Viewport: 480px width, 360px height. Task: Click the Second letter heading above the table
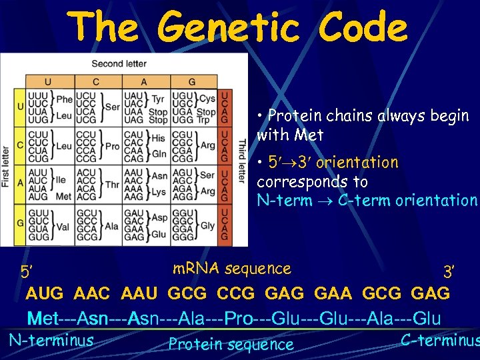coord(118,63)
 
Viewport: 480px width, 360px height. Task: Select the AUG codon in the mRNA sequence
coord(45,293)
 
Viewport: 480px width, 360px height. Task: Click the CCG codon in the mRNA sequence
coord(236,293)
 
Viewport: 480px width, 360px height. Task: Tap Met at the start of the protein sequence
coord(43,319)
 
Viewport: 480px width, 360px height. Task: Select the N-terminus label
coord(51,340)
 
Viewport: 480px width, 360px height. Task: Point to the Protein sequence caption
coord(231,345)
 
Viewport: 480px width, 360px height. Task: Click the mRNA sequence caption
coord(231,269)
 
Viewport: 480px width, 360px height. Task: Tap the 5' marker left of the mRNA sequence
coord(26,271)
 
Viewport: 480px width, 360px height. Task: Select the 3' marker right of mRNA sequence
coord(449,271)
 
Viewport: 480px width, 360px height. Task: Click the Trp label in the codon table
coord(203,120)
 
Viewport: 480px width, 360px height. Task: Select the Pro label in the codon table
coord(113,145)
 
